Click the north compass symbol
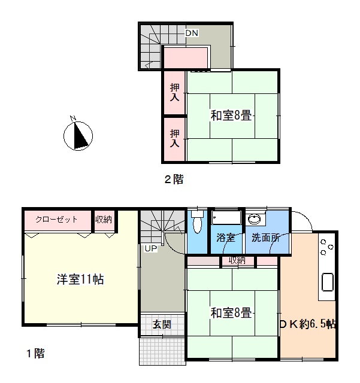tap(78, 136)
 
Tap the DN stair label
tap(192, 33)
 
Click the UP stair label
tap(151, 248)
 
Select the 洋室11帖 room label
tap(80, 279)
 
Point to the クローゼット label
tap(56, 220)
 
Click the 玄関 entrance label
tap(162, 324)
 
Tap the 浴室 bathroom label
tap(225, 238)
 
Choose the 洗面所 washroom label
tap(265, 238)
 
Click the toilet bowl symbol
tap(197, 221)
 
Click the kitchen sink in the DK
tap(328, 282)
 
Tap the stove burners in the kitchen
tap(326, 247)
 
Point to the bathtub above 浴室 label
tap(226, 217)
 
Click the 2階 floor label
tap(174, 180)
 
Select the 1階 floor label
tap(36, 353)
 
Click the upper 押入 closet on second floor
tap(175, 93)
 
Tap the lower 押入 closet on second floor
tap(175, 139)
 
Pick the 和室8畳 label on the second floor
tap(231, 115)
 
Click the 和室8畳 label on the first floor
tap(231, 313)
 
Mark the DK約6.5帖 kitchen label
tap(308, 324)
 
